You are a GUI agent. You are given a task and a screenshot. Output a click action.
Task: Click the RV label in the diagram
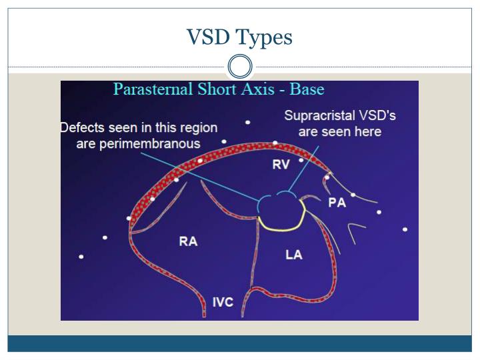click(281, 165)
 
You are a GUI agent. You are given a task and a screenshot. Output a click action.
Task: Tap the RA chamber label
click(188, 241)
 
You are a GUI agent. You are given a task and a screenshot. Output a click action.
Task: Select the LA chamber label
click(293, 255)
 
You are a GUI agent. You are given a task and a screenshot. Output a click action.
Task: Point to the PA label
click(337, 203)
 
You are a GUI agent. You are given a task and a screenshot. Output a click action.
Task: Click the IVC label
click(223, 302)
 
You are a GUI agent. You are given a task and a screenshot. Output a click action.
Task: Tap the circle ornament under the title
click(240, 67)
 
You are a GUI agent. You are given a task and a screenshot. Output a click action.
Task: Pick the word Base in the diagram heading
click(307, 89)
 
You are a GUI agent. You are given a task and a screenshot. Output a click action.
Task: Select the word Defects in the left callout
click(81, 127)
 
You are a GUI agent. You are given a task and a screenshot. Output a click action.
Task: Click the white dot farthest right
click(405, 229)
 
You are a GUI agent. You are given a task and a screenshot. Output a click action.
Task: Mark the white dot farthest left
click(81, 257)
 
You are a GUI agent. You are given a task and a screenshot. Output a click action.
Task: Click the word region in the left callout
click(198, 127)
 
